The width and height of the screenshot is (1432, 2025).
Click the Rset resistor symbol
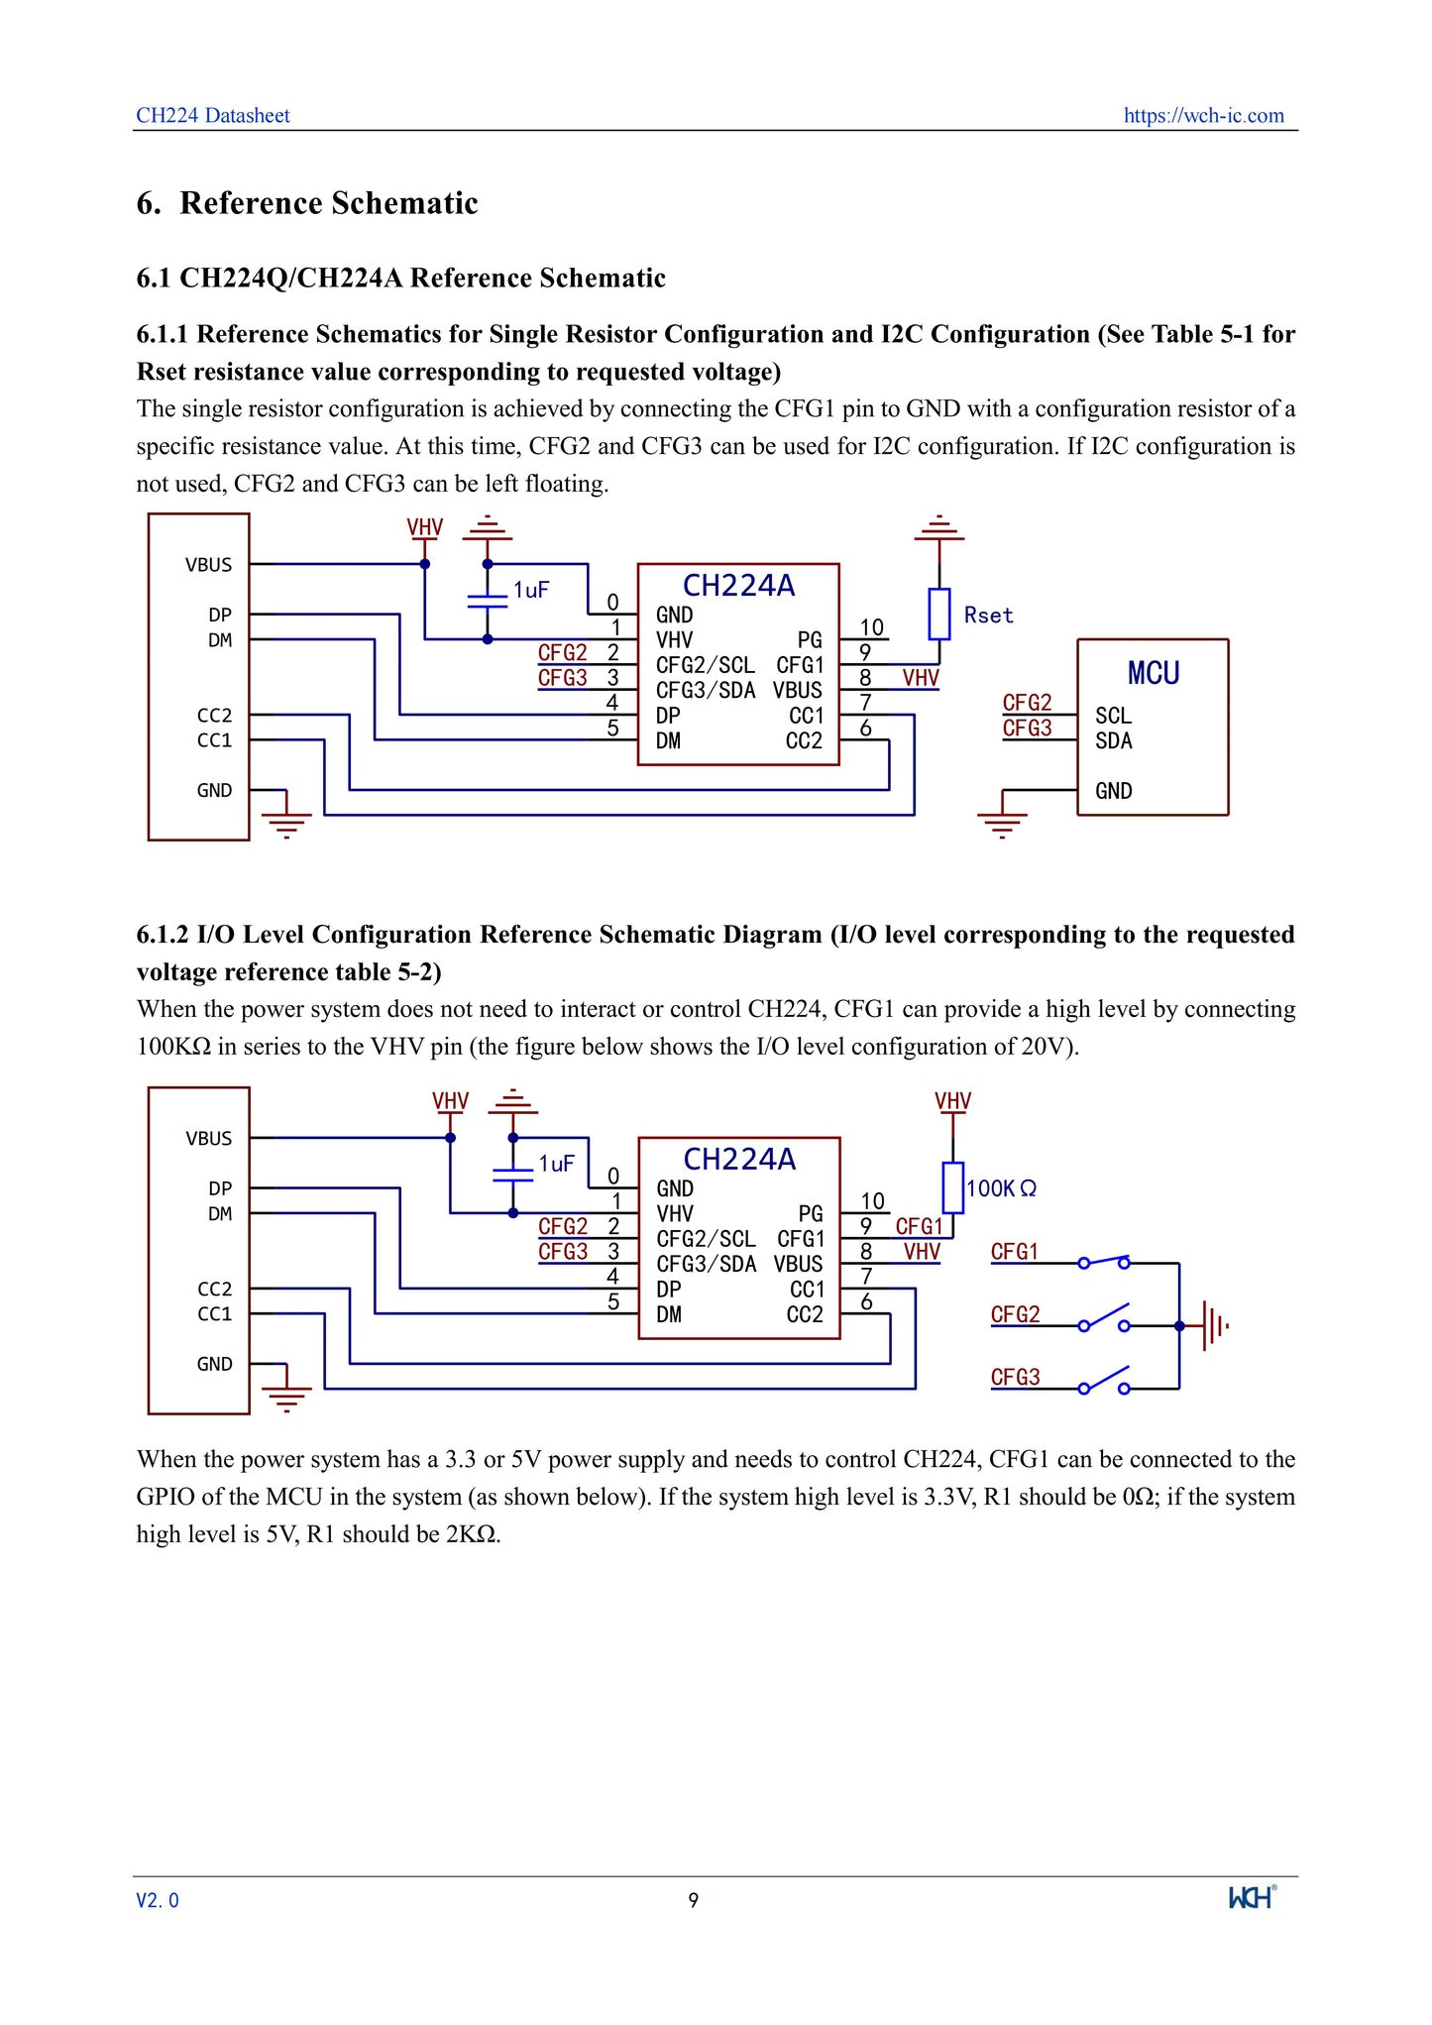(x=938, y=614)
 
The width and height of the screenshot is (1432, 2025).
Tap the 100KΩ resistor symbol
(x=952, y=1187)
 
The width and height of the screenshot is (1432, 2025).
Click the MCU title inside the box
(x=1154, y=674)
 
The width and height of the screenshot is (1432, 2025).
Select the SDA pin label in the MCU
(x=1113, y=740)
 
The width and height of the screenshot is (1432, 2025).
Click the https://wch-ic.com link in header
(x=1203, y=115)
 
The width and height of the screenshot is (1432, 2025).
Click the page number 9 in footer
(x=694, y=1900)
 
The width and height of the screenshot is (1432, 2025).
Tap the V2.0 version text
(x=158, y=1900)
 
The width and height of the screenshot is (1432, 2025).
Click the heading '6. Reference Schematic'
(x=307, y=203)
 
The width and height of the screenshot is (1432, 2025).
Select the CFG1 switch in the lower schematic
(x=1104, y=1262)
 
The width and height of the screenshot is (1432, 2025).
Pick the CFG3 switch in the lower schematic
(x=1104, y=1381)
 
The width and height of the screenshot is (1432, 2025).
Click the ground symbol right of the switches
(x=1213, y=1325)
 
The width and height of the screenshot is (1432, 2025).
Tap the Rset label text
(x=988, y=616)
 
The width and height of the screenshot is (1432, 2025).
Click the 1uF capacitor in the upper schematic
(x=487, y=601)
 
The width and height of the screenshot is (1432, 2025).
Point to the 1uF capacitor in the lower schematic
(x=512, y=1175)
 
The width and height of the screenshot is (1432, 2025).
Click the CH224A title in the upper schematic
(x=738, y=586)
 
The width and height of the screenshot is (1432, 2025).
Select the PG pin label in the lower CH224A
(x=810, y=1214)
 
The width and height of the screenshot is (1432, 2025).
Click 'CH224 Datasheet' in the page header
(x=213, y=115)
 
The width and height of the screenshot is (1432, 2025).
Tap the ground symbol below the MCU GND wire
(x=1002, y=823)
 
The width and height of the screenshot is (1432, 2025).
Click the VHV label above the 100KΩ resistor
(x=952, y=1101)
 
